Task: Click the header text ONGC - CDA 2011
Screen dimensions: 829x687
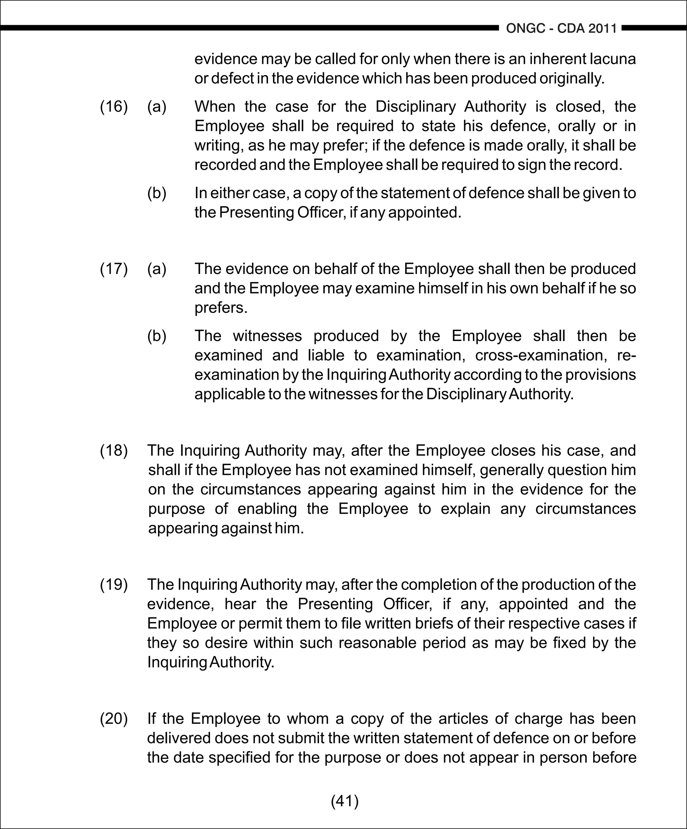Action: pos(561,29)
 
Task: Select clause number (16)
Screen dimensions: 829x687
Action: pos(114,107)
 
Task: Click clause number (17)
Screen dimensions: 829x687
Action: pos(114,269)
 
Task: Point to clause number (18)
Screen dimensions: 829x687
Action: pos(114,450)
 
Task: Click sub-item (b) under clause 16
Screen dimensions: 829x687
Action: pos(157,193)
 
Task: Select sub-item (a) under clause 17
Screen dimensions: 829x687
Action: pos(157,269)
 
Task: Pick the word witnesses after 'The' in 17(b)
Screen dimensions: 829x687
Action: pos(267,336)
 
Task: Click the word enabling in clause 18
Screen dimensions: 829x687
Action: pos(267,508)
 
